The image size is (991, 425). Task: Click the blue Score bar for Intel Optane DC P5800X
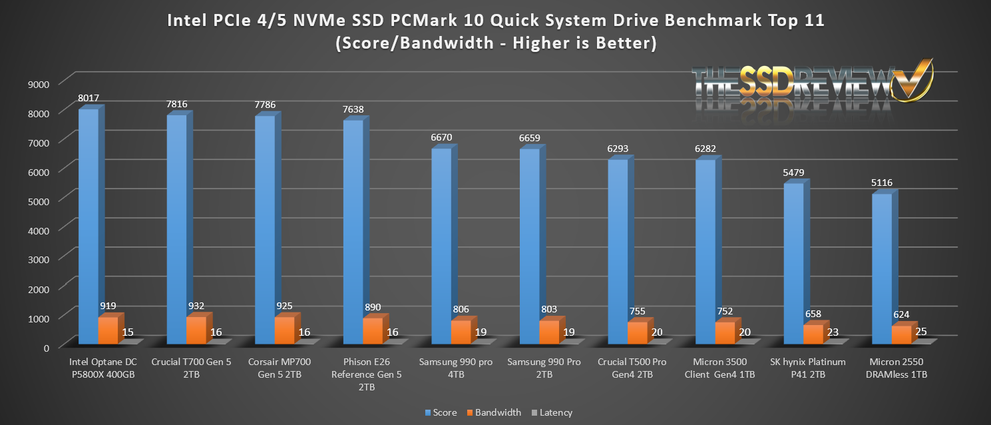(x=88, y=226)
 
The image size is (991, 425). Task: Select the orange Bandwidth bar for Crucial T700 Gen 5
(x=196, y=330)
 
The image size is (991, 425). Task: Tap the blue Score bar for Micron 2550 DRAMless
(x=881, y=269)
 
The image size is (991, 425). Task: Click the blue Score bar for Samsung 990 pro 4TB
(x=441, y=246)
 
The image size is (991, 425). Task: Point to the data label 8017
(x=88, y=98)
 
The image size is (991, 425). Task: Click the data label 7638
(x=353, y=109)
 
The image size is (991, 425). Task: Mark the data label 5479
(x=793, y=173)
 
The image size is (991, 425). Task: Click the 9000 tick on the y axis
(x=39, y=84)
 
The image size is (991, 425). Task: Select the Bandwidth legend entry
(x=493, y=412)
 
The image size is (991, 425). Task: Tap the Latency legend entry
(x=552, y=412)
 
